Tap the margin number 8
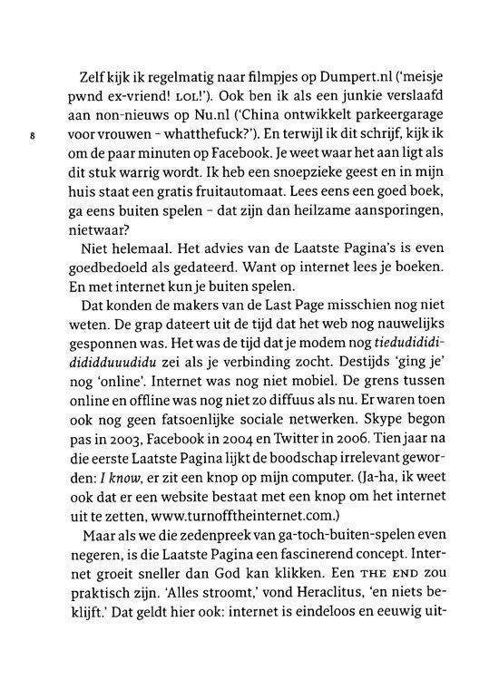click(33, 139)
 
